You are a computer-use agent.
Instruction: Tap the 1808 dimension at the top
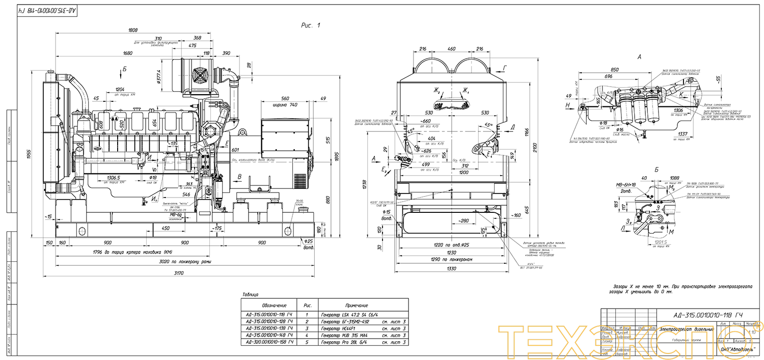pyautogui.click(x=132, y=30)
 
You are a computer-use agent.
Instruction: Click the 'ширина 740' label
pyautogui.click(x=286, y=105)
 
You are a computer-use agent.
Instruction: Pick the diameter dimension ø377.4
pyautogui.click(x=159, y=77)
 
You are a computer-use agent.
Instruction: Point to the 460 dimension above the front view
pyautogui.click(x=451, y=49)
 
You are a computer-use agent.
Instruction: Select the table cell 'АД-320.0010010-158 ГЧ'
pyautogui.click(x=269, y=342)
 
